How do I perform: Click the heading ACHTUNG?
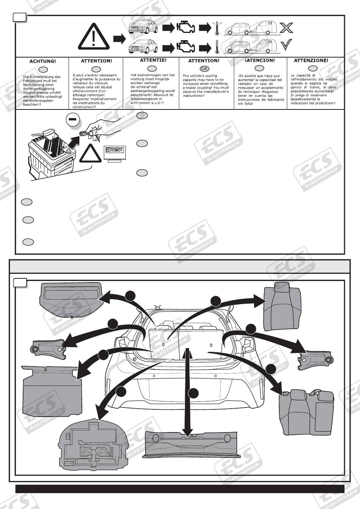tap(42, 61)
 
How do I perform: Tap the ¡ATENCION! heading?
tap(260, 60)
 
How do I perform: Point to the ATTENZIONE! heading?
tap(311, 60)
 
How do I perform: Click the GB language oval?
tap(204, 69)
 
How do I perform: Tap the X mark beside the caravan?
tap(286, 28)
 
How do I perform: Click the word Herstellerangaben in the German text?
tap(38, 100)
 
